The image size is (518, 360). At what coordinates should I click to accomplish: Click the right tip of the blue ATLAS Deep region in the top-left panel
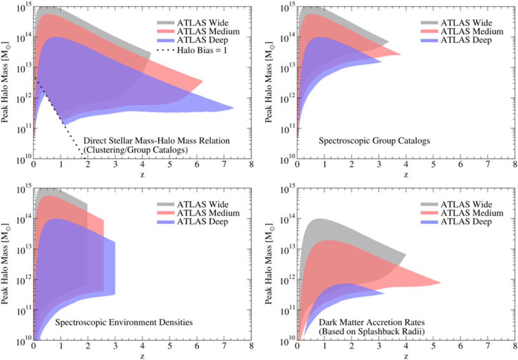click(233, 108)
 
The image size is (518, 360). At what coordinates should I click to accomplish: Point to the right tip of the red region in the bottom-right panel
click(440, 283)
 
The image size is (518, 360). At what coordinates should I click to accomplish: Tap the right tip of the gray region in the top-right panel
click(388, 42)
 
